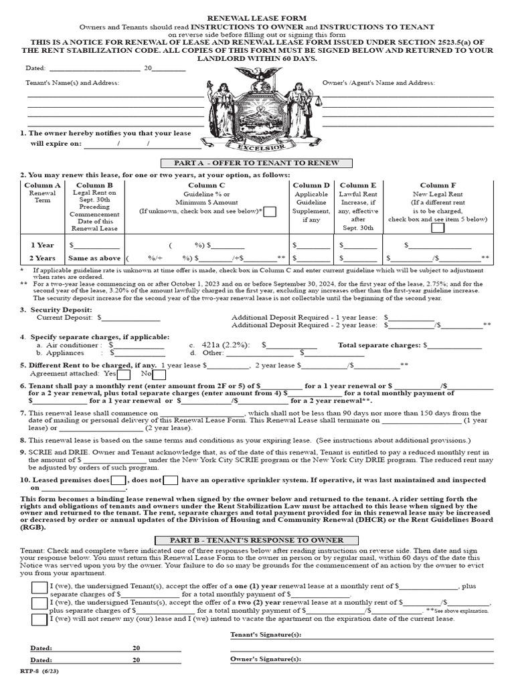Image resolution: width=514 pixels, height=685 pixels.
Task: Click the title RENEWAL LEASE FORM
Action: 257,18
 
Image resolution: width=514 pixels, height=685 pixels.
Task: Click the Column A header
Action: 43,185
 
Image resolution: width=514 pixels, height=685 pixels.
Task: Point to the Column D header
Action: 311,185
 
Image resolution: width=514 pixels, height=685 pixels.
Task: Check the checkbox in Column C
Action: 270,211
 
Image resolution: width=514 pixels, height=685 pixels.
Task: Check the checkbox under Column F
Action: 438,227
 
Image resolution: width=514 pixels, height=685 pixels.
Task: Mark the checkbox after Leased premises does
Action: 118,480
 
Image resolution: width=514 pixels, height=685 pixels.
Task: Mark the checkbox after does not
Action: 171,480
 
